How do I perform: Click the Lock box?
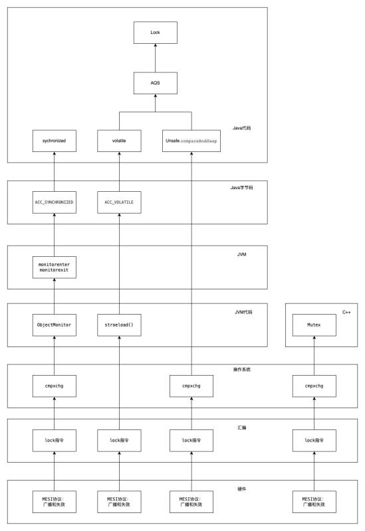(156, 33)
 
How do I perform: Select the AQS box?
(156, 83)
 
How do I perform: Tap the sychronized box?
(55, 141)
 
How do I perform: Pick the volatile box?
(119, 141)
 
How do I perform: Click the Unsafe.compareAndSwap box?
(191, 141)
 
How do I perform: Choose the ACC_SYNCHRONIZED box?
(55, 202)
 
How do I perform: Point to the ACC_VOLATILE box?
(119, 202)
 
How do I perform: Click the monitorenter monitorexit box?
(55, 267)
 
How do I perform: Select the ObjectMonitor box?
(55, 325)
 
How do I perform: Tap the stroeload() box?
(119, 325)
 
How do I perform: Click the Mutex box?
(314, 325)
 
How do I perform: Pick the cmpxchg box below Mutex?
(314, 386)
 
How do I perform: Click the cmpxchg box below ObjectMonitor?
(55, 386)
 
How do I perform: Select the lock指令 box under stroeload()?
(119, 441)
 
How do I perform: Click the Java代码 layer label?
(241, 128)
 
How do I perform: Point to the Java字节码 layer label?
(241, 188)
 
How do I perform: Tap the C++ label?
(346, 312)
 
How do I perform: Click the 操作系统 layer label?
(241, 370)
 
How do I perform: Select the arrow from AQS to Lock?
(156, 58)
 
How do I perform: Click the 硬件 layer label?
(241, 489)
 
